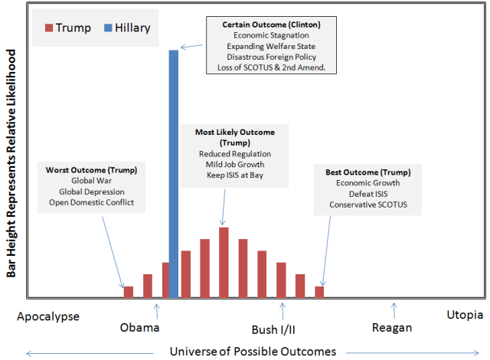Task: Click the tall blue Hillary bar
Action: [174, 173]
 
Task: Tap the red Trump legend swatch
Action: [50, 28]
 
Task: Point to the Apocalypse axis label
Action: [48, 315]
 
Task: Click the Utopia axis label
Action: [465, 315]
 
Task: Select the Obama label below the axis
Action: [140, 328]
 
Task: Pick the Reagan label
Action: [391, 328]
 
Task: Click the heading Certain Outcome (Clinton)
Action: [272, 25]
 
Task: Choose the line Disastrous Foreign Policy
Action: [272, 57]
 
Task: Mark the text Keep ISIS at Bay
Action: [235, 175]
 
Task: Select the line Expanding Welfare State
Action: [272, 46]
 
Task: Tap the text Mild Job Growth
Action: [235, 164]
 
